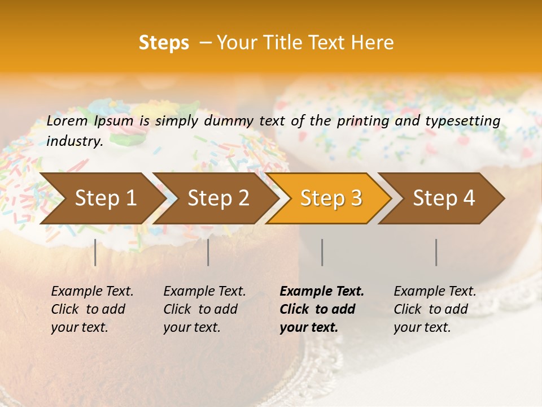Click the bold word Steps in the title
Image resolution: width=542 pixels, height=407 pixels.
164,43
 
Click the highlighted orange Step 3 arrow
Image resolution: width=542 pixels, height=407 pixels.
331,198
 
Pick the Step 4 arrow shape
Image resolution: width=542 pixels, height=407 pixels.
444,198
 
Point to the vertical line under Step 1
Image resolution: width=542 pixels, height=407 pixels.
95,252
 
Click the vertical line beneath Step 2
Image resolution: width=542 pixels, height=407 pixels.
208,252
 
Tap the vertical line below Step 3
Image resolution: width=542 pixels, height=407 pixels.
322,252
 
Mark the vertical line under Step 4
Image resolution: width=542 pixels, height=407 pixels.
436,252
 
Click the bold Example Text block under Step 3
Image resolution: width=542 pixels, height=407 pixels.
322,309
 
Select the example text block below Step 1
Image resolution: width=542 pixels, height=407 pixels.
92,309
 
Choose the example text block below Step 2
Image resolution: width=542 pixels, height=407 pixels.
204,309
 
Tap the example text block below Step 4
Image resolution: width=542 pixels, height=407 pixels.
435,309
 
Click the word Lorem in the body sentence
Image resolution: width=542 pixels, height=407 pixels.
67,120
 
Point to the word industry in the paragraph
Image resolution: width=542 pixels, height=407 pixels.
75,141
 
